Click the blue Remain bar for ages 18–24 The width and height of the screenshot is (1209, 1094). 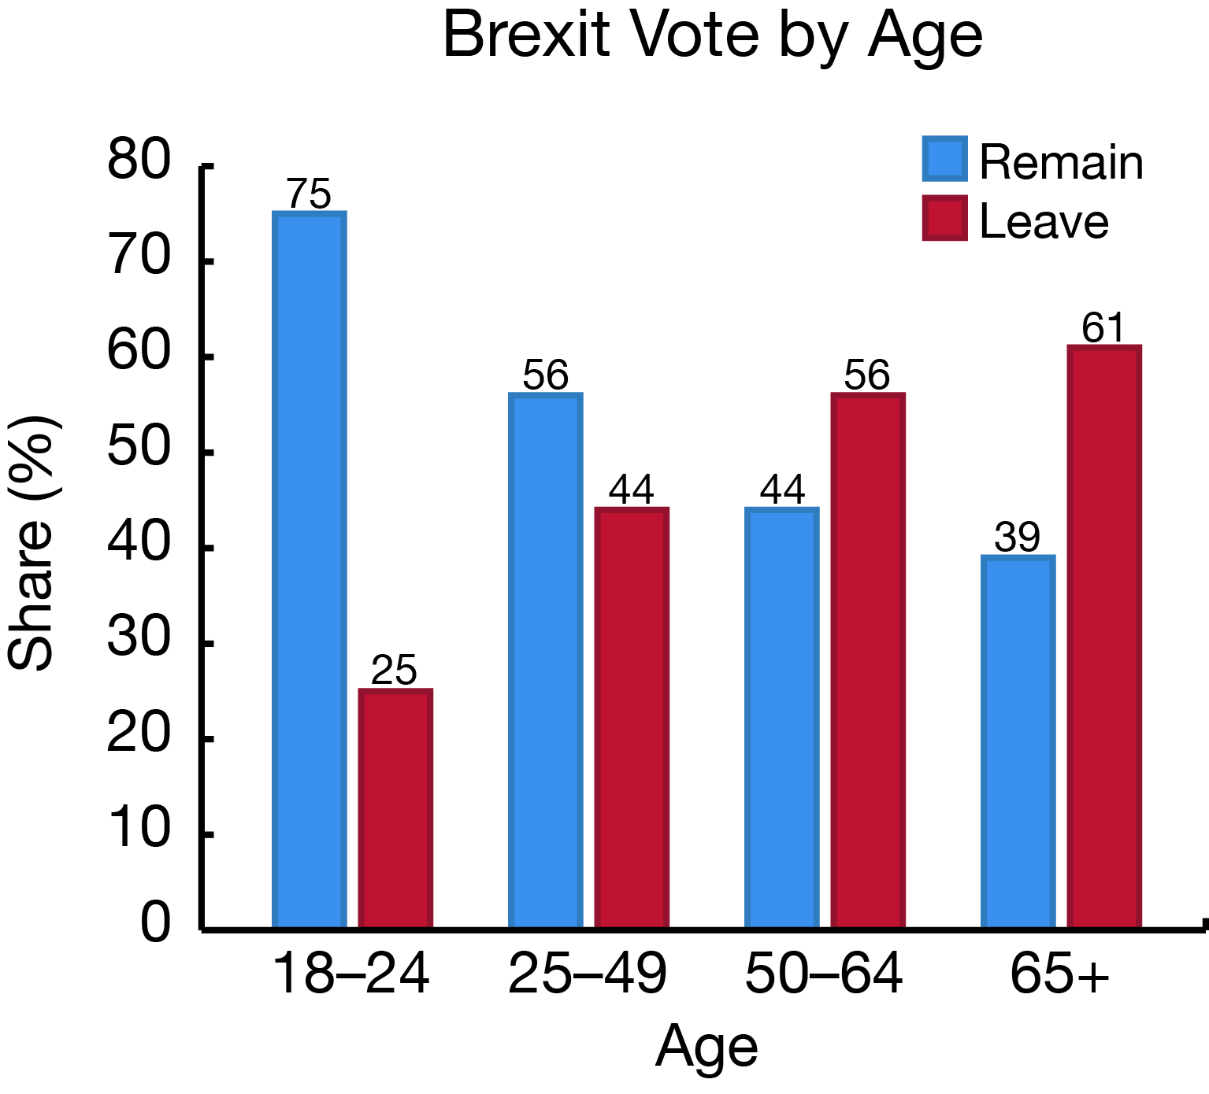(x=309, y=570)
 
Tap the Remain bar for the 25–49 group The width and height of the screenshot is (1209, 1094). (x=545, y=660)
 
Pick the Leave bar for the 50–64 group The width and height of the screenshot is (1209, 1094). (x=867, y=660)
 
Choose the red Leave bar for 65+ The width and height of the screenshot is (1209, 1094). (x=1103, y=637)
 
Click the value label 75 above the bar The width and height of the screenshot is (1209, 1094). (x=309, y=194)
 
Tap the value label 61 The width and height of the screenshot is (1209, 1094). (x=1103, y=327)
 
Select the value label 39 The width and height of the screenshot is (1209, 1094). (x=1018, y=538)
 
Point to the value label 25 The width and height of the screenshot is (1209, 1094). (x=394, y=671)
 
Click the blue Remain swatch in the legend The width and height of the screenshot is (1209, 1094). (x=944, y=159)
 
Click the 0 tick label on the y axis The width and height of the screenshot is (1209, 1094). (x=155, y=922)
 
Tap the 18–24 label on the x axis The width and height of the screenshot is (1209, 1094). (x=350, y=974)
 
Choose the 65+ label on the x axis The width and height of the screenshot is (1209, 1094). (x=1059, y=974)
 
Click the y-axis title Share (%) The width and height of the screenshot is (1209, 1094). (x=33, y=543)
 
